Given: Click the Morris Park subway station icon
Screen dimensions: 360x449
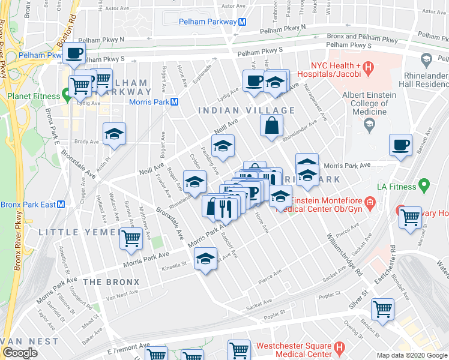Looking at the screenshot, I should [x=174, y=101].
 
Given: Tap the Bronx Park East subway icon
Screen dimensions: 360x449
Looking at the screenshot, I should [x=61, y=205].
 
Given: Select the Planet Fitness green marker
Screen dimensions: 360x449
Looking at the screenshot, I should [x=65, y=95].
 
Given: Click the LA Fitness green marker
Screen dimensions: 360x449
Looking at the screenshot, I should [x=425, y=185].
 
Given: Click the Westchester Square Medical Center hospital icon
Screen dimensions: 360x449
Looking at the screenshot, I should [x=339, y=347].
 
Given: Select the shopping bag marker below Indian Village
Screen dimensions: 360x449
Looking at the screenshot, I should [x=272, y=125].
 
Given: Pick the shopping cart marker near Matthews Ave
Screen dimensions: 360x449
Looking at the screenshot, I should [x=130, y=238].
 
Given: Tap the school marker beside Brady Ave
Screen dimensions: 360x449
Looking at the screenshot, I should [x=113, y=135].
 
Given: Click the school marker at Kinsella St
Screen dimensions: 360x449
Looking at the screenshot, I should [x=205, y=260].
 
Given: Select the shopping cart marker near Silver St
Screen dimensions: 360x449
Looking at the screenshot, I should [x=382, y=310].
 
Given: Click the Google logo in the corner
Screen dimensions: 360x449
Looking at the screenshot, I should [x=20, y=353].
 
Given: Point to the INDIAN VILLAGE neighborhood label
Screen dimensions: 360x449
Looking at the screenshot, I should [x=246, y=110].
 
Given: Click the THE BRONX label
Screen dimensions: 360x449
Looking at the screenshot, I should [x=111, y=281].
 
